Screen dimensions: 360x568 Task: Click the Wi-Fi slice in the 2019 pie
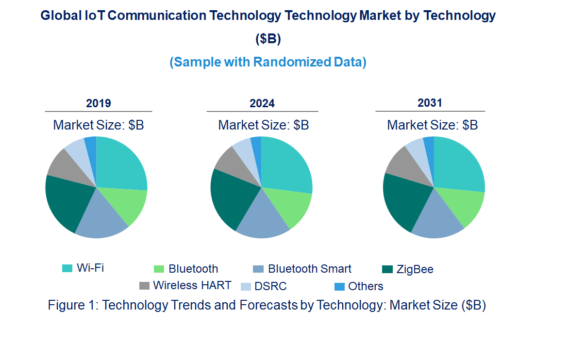coord(120,163)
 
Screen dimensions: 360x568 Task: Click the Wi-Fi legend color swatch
coord(67,268)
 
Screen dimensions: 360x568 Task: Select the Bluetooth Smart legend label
coord(310,269)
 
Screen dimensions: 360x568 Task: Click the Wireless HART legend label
coord(192,285)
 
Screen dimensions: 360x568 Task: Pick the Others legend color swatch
coord(339,286)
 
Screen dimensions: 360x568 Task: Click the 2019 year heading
coord(99,103)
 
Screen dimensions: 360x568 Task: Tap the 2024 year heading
coord(262,103)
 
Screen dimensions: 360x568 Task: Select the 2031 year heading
coord(430,103)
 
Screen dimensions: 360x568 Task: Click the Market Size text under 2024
coord(263,125)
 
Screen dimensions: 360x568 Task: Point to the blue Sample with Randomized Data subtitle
coord(267,62)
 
